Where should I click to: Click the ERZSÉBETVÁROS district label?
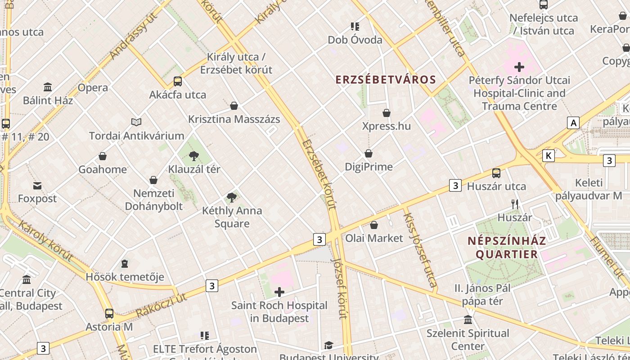[386, 80]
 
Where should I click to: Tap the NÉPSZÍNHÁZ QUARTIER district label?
[507, 247]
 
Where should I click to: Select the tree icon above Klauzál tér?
[194, 156]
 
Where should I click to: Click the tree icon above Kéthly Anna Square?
[232, 197]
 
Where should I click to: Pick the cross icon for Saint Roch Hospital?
[279, 292]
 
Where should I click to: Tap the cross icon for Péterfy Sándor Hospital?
[519, 67]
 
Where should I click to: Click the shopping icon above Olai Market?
[374, 225]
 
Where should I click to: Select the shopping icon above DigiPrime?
[369, 154]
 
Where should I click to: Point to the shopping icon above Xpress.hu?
[387, 113]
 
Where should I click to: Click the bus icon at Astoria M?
[109, 314]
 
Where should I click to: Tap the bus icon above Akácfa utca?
[178, 81]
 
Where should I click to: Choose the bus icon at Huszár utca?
[496, 173]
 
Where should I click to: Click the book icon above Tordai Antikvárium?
[136, 122]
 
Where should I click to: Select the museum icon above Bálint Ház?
[48, 87]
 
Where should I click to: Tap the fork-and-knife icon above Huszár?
[515, 204]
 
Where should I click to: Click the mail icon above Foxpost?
[37, 185]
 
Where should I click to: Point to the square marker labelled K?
[548, 156]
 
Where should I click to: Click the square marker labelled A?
[573, 123]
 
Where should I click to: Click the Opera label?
[93, 88]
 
